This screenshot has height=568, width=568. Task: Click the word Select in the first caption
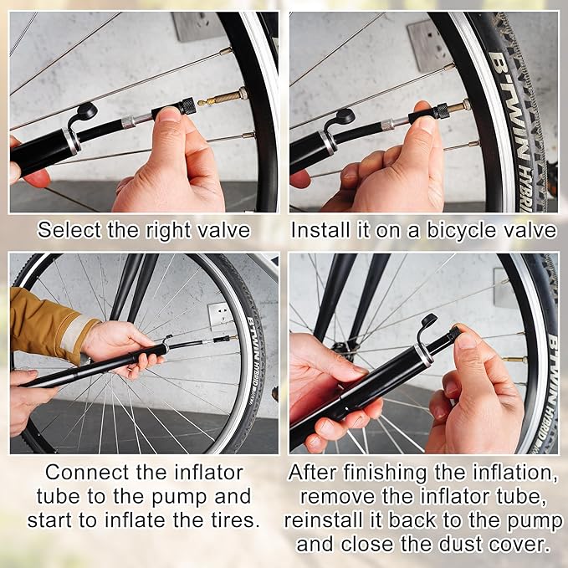tap(69, 230)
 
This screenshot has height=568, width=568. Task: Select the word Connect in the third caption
tap(87, 473)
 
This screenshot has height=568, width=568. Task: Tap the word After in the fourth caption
tap(312, 473)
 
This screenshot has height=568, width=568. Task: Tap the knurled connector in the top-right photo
tap(443, 111)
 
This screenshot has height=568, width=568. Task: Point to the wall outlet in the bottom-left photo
tap(220, 314)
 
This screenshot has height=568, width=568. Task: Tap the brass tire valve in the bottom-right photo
tap(514, 360)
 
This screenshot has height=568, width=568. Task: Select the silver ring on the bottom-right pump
tap(423, 354)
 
